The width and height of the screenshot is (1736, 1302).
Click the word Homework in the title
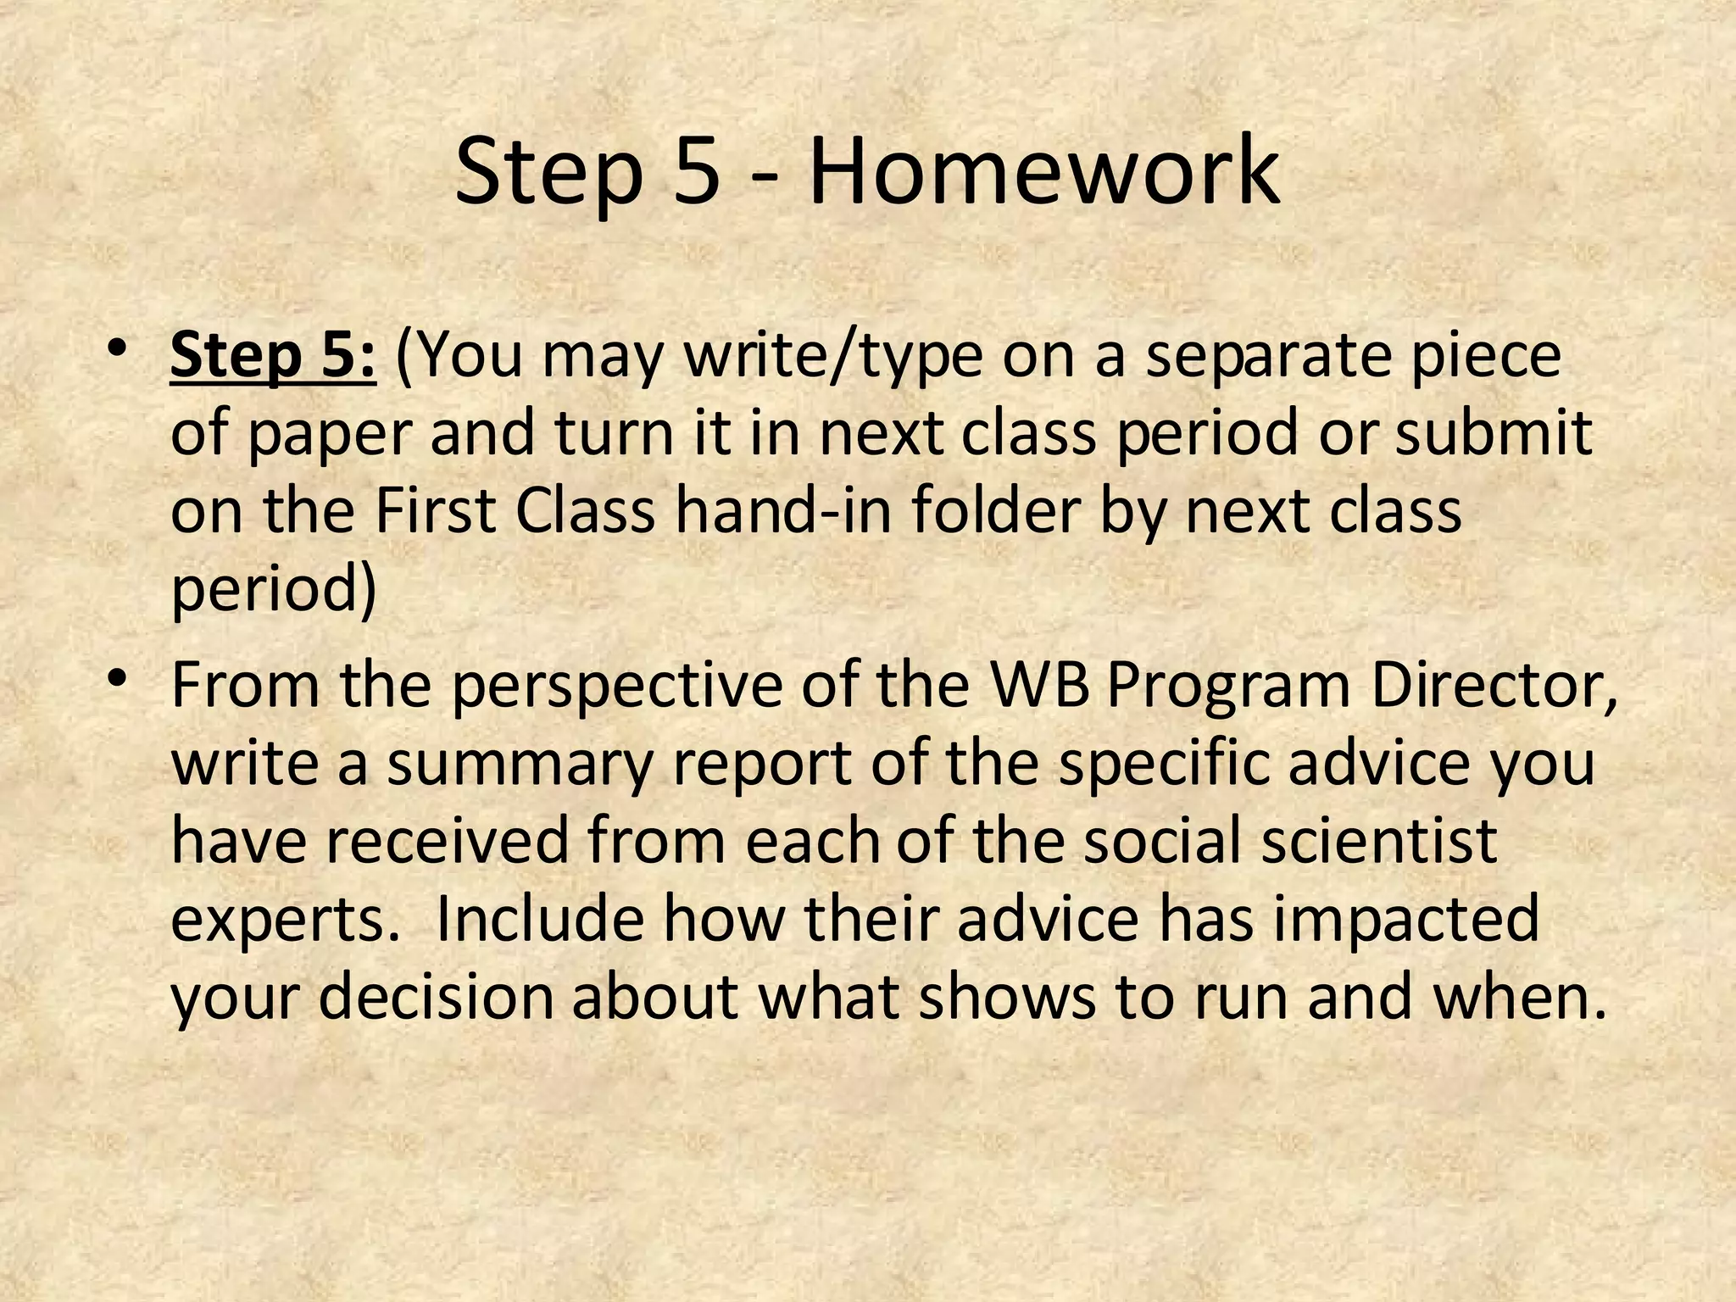(1043, 173)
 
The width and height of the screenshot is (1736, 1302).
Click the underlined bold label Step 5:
(272, 356)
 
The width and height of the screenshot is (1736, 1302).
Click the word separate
(1266, 358)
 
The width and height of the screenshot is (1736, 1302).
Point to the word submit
(1494, 434)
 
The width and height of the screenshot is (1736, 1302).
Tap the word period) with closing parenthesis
(274, 590)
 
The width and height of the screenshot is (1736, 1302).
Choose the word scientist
(1379, 840)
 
